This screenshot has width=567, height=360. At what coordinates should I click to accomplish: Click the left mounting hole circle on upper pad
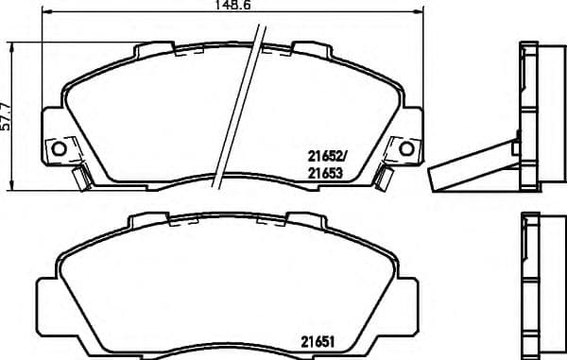pos(59,148)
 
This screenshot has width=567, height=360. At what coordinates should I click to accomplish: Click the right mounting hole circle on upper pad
pos(406,148)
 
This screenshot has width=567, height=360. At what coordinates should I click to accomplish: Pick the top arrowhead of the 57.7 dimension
pos(11,45)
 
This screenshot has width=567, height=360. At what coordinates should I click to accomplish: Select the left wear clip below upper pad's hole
pos(81,174)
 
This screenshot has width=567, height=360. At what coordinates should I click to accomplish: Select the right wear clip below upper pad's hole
pos(384,174)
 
